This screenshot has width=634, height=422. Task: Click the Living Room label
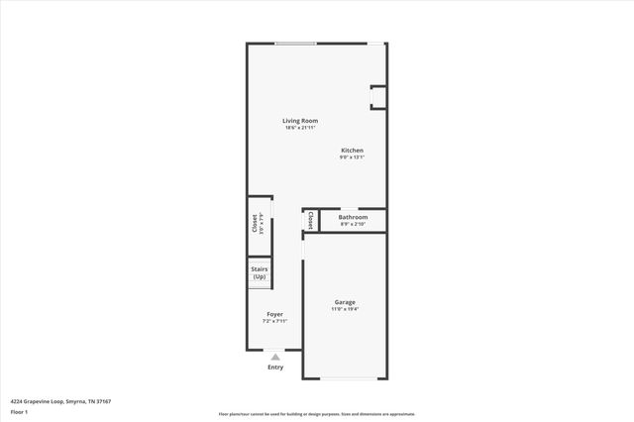point(300,121)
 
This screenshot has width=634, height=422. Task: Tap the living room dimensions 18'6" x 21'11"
point(300,128)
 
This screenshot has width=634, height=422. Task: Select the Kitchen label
point(353,151)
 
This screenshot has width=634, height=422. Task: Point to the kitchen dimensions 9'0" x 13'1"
point(353,158)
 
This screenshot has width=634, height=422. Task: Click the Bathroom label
point(353,217)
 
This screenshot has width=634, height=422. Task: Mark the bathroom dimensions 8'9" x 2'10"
point(353,224)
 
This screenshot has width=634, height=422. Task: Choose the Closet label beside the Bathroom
point(311,220)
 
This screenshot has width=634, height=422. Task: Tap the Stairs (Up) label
point(260,272)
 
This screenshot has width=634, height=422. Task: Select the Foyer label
point(274,314)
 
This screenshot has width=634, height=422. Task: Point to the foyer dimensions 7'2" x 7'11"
point(274,321)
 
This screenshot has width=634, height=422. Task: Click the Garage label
point(345,302)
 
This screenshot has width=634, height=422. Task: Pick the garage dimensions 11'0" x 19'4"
point(345,309)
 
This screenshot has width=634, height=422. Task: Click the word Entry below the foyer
point(275,368)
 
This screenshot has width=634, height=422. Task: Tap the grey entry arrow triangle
point(275,357)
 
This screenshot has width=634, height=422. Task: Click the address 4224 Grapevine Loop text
point(60,401)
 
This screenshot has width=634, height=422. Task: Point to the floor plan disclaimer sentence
point(317,414)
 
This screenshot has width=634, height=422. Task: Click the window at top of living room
point(296,43)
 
